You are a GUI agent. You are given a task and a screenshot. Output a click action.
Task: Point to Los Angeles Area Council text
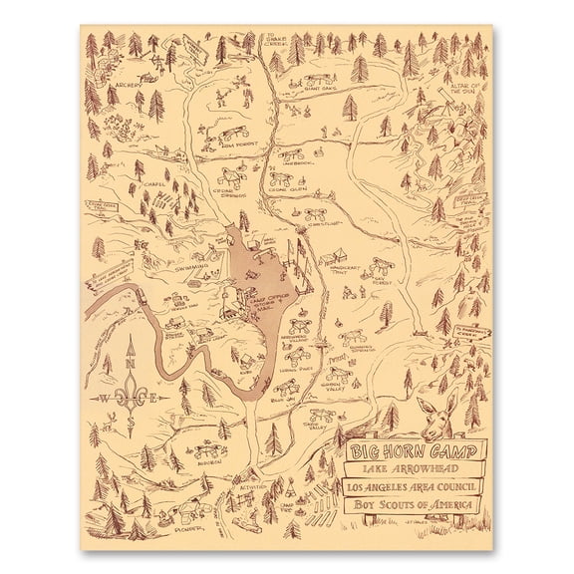point(410,485)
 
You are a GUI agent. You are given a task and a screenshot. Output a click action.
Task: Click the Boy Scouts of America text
point(410,506)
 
